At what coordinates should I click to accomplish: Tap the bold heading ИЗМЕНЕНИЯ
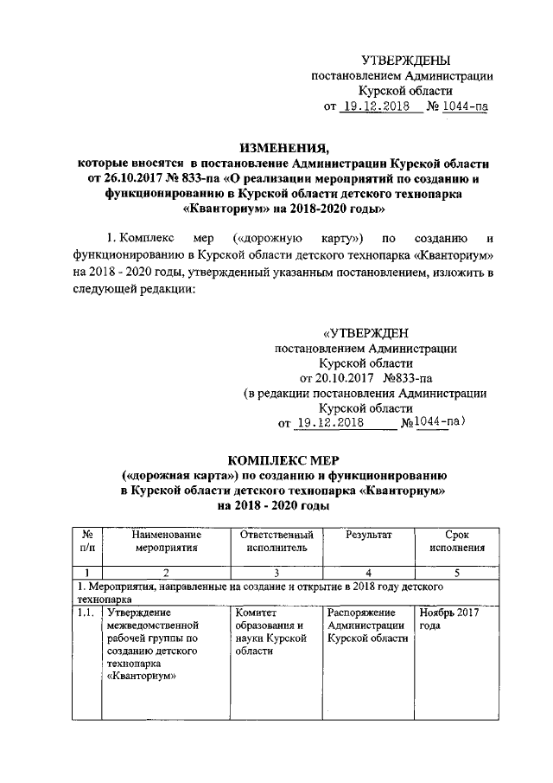pyautogui.click(x=285, y=146)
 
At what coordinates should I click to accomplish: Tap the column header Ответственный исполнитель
pyautogui.click(x=276, y=541)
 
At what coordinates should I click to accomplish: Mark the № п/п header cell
pyautogui.click(x=87, y=541)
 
